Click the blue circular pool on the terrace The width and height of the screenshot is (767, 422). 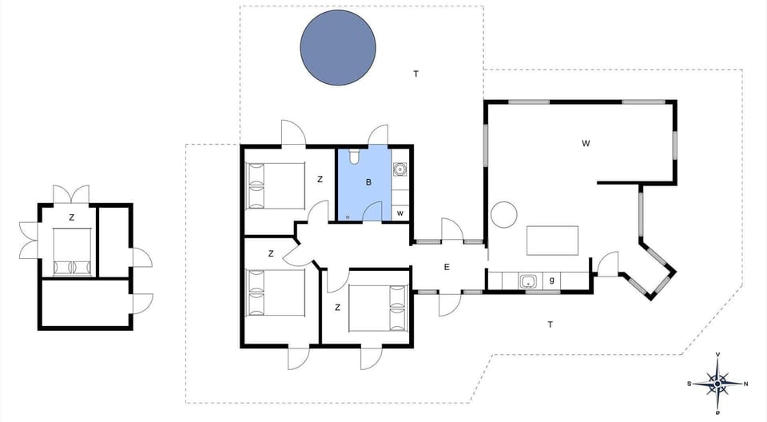(x=338, y=47)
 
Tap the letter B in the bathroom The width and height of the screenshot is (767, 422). (x=368, y=182)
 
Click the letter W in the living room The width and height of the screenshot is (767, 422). (x=586, y=143)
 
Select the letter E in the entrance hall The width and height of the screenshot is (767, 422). (x=447, y=267)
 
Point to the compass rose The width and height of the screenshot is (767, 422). (x=717, y=384)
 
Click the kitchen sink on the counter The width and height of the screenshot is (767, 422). (x=528, y=281)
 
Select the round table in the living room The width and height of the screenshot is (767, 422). (x=505, y=214)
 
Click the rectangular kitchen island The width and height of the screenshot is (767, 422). (x=552, y=240)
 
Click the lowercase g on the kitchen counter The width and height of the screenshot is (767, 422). (x=551, y=281)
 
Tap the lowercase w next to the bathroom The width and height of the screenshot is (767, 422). (x=399, y=213)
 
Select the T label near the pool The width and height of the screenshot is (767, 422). (x=415, y=74)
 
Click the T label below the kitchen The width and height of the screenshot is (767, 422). (x=550, y=324)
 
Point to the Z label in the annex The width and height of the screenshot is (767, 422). (x=71, y=217)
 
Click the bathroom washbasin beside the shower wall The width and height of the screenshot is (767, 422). (x=400, y=169)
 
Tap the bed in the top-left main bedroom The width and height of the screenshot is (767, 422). (x=276, y=186)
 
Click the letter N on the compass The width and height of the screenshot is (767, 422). (x=745, y=384)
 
